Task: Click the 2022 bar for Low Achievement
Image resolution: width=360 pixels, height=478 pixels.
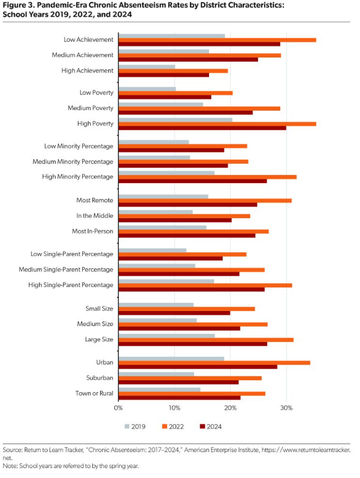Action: coord(217,40)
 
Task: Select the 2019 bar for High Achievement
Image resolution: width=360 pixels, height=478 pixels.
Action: coord(147,67)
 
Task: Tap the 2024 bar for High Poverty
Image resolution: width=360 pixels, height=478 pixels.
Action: coord(202,128)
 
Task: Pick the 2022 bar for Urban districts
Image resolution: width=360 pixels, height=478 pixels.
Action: coord(215,363)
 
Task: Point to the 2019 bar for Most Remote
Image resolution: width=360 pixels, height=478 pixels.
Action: coord(163,197)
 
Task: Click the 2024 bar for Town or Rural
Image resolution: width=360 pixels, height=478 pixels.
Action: coord(179,398)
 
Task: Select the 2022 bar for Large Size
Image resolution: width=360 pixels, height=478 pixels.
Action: coord(206,340)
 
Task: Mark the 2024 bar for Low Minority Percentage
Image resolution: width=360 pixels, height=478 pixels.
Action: coord(171,150)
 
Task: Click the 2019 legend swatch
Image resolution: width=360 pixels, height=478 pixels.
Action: coord(127,427)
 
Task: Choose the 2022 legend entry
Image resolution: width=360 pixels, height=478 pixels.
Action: coord(173,427)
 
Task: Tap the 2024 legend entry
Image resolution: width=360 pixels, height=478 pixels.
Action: coord(211,427)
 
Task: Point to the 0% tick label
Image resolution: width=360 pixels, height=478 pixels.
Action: coord(118,408)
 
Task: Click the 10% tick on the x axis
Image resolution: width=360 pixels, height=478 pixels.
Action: coord(174,408)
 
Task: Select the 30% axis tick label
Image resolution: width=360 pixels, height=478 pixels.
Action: coord(286,408)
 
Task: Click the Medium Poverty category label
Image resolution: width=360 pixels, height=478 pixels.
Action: coord(90,108)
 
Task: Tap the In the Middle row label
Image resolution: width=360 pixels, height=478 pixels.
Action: coord(95,216)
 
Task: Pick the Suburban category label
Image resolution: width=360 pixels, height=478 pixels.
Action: coord(100,378)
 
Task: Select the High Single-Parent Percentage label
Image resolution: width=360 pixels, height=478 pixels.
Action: coord(71,285)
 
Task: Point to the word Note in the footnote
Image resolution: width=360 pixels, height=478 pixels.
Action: coord(9,466)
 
